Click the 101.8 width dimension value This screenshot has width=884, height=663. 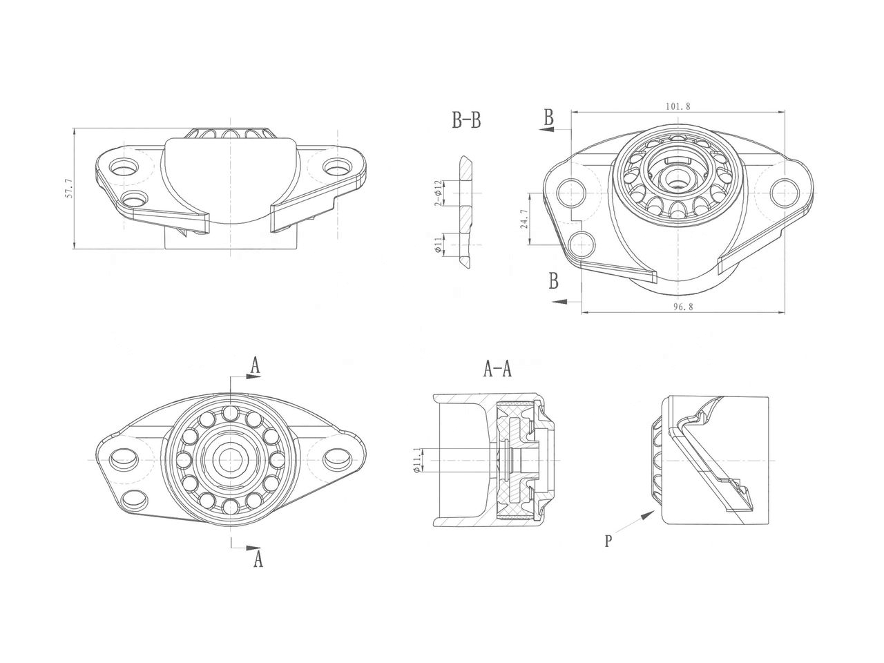click(x=678, y=106)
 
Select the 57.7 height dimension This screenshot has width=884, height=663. click(x=68, y=189)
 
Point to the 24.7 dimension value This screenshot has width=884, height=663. click(x=523, y=219)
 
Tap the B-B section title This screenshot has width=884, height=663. click(x=466, y=122)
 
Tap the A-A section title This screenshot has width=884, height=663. click(x=497, y=370)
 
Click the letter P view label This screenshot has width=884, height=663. click(x=608, y=541)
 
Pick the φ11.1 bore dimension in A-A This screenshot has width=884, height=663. click(x=416, y=460)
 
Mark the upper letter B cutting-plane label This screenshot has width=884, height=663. click(x=548, y=117)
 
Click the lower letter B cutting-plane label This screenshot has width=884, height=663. click(x=553, y=280)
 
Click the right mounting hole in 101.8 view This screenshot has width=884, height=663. click(x=785, y=191)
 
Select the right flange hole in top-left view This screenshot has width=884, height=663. click(x=336, y=167)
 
